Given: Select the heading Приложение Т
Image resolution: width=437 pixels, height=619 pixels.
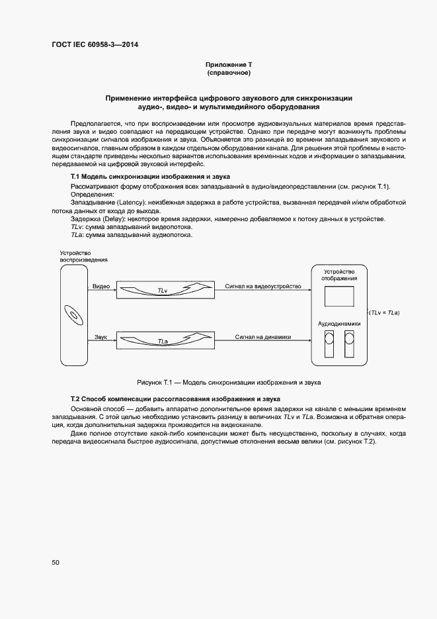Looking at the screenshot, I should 229,64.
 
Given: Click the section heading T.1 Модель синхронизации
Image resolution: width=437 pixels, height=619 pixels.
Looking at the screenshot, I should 150,178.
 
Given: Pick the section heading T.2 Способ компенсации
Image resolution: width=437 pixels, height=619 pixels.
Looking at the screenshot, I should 175,399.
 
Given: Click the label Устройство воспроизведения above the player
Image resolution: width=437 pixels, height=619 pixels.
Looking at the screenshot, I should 83,256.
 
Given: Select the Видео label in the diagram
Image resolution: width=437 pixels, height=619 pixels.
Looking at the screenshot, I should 100,286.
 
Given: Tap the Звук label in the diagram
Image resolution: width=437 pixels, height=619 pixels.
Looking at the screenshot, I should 100,337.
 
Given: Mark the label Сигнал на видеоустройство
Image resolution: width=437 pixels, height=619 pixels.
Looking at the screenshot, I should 262,286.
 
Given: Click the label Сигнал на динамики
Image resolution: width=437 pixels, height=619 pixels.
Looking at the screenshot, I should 258,337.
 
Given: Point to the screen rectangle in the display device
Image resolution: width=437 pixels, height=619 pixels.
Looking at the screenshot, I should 338,297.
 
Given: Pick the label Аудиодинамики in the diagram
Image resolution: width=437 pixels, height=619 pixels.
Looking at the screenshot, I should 339,324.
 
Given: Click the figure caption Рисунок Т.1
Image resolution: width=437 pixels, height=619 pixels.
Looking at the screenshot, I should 229,383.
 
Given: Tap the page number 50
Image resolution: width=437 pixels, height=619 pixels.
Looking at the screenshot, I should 56,562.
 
